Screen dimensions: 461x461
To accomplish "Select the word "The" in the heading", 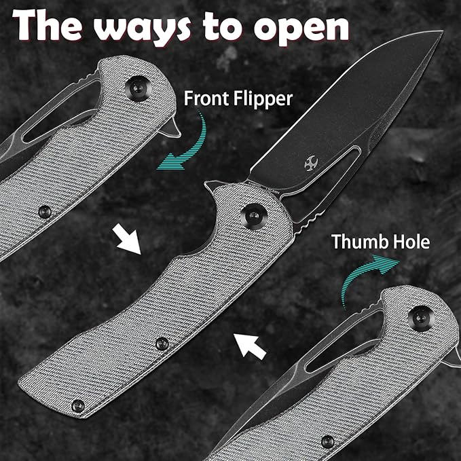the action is coord(48,25).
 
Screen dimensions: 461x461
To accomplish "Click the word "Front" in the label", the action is coord(206,98).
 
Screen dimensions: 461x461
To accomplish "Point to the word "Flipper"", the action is coord(263,99).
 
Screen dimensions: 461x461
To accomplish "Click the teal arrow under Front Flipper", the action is coord(191,147).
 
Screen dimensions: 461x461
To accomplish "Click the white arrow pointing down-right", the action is coord(126,239).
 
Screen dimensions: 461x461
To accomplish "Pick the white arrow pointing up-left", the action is coord(251,347).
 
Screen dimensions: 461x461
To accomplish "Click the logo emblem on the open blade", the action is coord(311,164).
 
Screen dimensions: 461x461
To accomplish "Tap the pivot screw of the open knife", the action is coord(254,216).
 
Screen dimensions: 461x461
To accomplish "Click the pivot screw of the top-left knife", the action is coord(139,88).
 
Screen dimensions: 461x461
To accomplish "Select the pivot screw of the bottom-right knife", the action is coord(422,318).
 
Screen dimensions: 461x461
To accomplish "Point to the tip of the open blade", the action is coord(443,31).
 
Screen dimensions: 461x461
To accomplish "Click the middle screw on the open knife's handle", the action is coord(162,344).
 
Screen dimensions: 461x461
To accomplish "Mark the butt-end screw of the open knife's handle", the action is coord(78,406).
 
